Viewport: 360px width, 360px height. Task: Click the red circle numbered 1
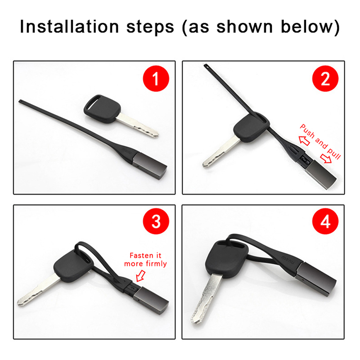156,78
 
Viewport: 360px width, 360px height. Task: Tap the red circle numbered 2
325,78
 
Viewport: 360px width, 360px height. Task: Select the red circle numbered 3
156,221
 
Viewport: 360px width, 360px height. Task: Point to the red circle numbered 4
325,221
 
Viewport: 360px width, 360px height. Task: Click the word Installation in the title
69,27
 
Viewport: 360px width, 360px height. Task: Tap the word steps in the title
150,27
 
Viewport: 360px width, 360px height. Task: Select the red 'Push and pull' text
320,142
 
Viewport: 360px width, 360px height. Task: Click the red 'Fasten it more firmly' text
145,260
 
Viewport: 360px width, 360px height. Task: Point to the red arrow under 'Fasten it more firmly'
140,276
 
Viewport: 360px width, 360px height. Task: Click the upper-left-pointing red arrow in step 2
305,140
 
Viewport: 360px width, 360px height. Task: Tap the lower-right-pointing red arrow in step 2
326,158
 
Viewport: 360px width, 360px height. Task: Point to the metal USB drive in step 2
320,174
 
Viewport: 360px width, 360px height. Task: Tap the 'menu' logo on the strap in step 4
288,258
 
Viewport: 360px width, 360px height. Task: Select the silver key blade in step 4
206,298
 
